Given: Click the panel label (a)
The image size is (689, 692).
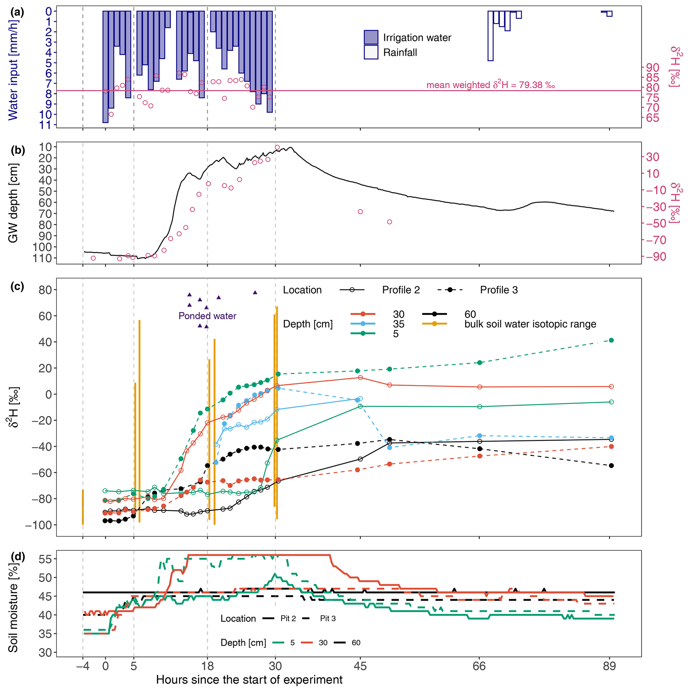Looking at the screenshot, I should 17,13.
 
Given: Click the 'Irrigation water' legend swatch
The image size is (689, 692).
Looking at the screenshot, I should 371,38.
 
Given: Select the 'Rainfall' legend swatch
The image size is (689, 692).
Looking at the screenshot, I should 371,52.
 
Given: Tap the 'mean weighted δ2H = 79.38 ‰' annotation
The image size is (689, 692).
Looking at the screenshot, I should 490,85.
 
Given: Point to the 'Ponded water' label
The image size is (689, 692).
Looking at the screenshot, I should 207,316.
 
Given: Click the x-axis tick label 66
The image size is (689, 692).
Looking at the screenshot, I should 479,666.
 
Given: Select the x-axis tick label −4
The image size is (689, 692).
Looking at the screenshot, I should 83,666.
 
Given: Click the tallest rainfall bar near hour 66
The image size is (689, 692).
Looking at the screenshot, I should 490,36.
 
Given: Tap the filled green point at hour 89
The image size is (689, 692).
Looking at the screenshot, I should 611,340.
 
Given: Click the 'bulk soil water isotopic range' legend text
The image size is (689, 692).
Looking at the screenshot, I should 530,324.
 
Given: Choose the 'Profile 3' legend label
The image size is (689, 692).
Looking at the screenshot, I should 499,290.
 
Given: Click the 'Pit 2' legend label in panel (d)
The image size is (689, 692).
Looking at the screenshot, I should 288,619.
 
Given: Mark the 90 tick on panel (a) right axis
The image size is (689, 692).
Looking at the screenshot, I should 652,67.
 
